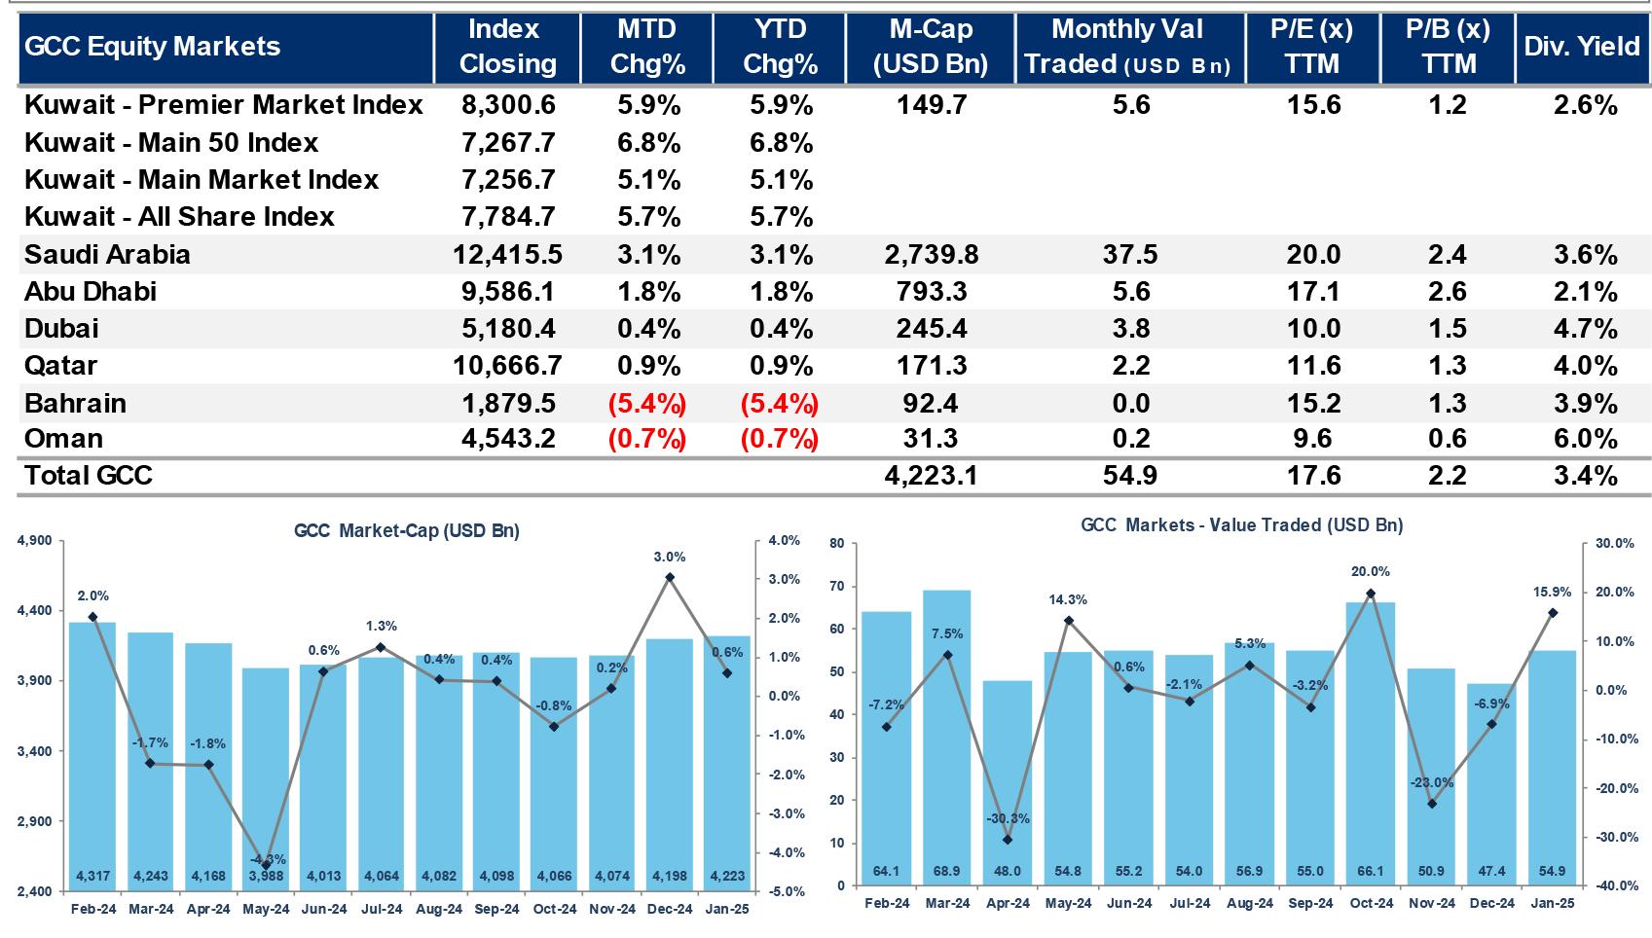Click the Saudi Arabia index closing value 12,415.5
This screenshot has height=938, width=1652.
point(507,255)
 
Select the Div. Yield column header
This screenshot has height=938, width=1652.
point(1582,47)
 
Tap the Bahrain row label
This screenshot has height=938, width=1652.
point(75,403)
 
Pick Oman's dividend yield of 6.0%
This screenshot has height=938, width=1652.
point(1585,439)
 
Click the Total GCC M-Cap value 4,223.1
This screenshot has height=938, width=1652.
point(932,475)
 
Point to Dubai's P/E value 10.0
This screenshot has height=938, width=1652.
point(1313,329)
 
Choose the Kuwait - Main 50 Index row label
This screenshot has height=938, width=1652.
point(171,143)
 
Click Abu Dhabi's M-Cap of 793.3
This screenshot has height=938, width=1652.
point(932,292)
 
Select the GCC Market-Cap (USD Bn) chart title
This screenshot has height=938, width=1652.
point(407,531)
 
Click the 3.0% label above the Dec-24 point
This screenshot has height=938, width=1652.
point(670,558)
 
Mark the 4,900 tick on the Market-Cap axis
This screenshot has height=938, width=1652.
point(36,541)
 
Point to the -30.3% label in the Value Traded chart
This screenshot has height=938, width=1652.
point(1008,819)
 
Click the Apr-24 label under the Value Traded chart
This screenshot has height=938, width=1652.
point(1008,903)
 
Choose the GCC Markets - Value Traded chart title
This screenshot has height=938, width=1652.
point(1242,525)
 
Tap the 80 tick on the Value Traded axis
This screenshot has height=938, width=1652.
point(837,544)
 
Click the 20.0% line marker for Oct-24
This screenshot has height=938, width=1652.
point(1371,594)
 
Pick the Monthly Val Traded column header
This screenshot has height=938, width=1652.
point(1128,47)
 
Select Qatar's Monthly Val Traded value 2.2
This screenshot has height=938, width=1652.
point(1131,366)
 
